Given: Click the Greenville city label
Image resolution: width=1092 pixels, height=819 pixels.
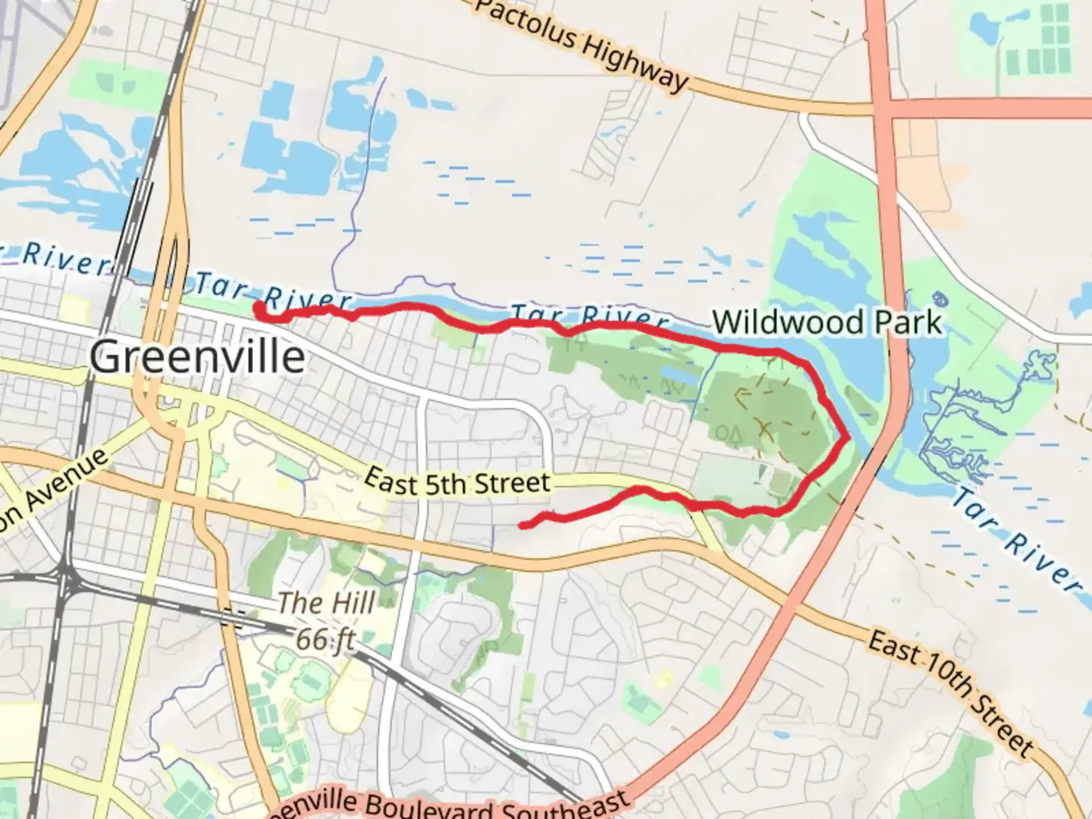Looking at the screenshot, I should click(x=198, y=356).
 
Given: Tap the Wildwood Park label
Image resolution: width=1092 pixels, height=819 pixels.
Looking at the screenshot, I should click(x=827, y=322).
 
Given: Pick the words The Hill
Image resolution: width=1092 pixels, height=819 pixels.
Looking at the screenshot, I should click(x=326, y=604).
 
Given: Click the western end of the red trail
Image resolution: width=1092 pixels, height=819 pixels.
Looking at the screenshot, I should click(x=259, y=306).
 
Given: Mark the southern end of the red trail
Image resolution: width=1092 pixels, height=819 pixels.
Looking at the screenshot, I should click(x=522, y=525).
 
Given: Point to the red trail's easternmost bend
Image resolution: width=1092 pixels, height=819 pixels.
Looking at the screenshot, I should click(x=846, y=437).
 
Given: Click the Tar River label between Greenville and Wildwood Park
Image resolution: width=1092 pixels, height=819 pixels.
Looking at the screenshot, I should click(x=589, y=315).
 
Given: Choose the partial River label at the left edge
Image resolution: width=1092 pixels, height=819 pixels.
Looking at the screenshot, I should click(x=57, y=259).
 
